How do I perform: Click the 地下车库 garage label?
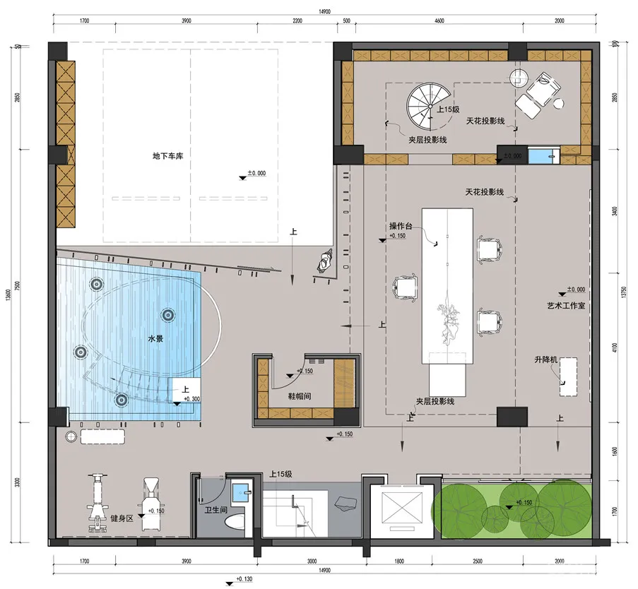[x=167, y=155]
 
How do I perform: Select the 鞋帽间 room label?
[x=302, y=397]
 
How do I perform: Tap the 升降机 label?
[x=546, y=360]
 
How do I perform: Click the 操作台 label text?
[x=400, y=227]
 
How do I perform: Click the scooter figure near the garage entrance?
[x=325, y=263]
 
